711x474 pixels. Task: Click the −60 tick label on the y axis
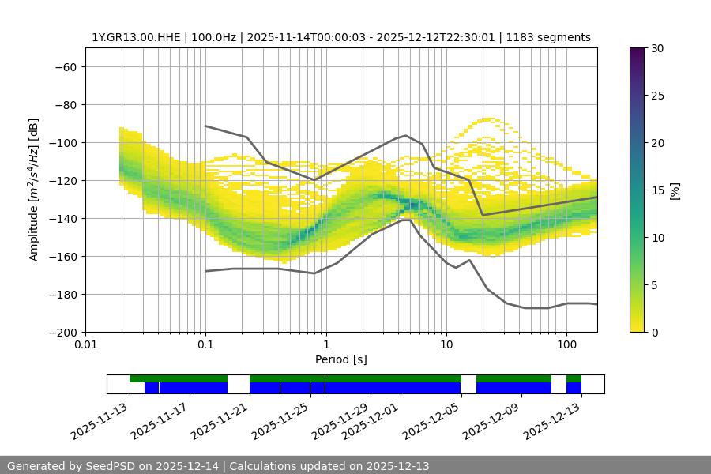pos(65,67)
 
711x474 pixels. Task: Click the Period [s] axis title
pos(341,360)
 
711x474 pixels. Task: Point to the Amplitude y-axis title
pos(34,190)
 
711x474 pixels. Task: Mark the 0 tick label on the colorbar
pos(654,333)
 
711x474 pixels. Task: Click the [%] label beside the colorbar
pos(675,190)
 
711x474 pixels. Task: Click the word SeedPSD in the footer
pos(111,466)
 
